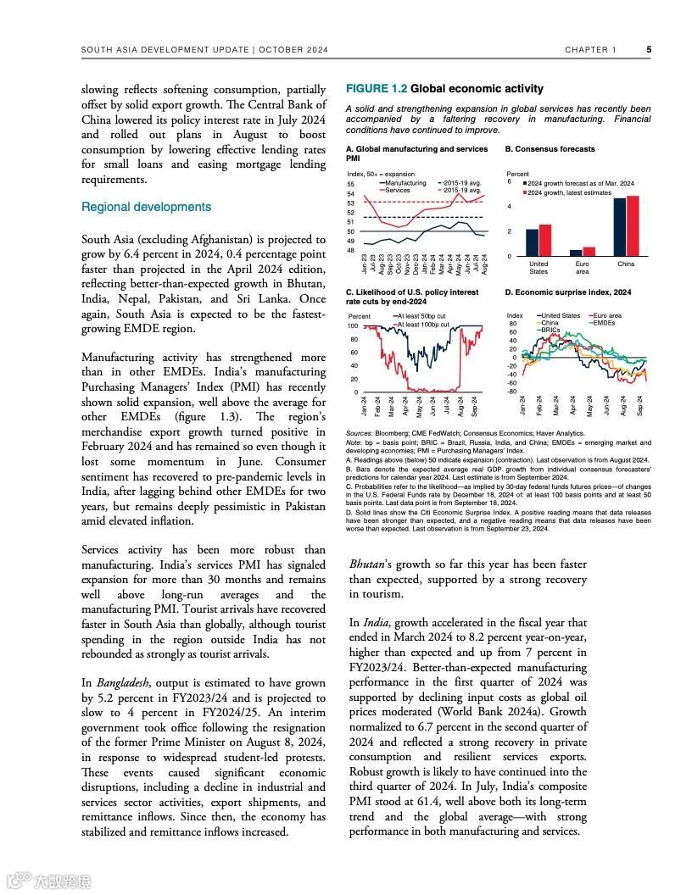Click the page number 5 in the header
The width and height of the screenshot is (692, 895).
[x=649, y=49]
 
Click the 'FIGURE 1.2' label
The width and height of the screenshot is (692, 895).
[x=377, y=88]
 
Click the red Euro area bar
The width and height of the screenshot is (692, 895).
[x=589, y=251]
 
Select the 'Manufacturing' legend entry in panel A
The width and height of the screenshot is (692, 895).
[x=406, y=183]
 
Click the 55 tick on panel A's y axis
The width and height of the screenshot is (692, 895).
[x=351, y=185]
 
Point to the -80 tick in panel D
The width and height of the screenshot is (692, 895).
[x=511, y=392]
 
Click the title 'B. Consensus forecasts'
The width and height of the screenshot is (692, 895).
[x=550, y=149]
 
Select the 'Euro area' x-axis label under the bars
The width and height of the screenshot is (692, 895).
[x=582, y=268]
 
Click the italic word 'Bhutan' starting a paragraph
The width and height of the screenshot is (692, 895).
[x=368, y=564]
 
